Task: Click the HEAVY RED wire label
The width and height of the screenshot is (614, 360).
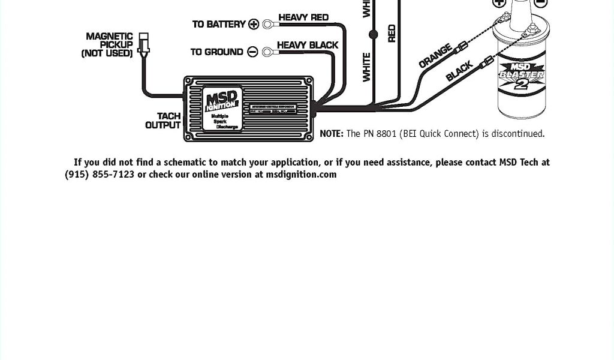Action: [x=303, y=17]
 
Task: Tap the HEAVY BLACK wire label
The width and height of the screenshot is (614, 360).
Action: [x=308, y=45]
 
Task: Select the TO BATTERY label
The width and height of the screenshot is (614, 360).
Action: [x=219, y=24]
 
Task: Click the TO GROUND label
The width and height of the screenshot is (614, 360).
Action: [x=217, y=52]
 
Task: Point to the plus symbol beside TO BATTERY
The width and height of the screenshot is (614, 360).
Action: [x=254, y=24]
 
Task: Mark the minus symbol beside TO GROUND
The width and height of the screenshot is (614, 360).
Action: [x=252, y=52]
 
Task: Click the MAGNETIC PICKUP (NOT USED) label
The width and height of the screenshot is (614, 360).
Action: [x=108, y=45]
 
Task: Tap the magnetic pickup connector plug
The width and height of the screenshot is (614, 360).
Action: [x=143, y=44]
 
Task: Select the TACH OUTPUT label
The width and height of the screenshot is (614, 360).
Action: [x=163, y=121]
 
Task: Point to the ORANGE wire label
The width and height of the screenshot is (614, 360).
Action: [x=435, y=56]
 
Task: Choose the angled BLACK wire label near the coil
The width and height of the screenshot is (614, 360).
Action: [x=460, y=71]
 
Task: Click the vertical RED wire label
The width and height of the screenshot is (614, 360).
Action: [x=392, y=33]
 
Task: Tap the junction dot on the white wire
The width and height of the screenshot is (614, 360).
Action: [x=374, y=35]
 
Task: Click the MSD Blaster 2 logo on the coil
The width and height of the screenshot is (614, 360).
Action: [x=522, y=76]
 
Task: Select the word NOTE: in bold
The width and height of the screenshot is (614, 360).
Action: [x=332, y=134]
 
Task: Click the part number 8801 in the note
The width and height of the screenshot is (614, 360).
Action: [x=387, y=134]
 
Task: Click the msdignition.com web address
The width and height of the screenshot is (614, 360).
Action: [x=301, y=175]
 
